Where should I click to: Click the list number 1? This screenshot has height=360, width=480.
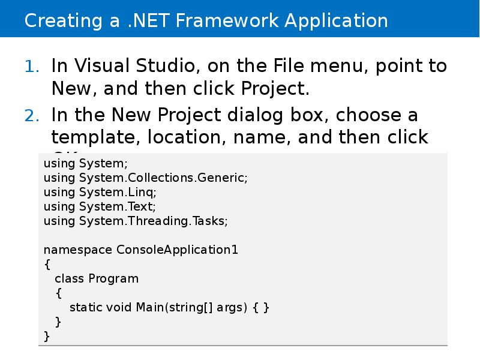pos(32,67)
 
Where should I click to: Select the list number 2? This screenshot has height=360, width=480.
pos(32,115)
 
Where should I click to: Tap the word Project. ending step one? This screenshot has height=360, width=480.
pos(275,89)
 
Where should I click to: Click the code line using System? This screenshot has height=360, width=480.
pos(86,163)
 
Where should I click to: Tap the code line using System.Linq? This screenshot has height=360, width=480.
pos(100,192)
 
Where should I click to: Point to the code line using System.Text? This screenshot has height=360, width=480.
pos(100,206)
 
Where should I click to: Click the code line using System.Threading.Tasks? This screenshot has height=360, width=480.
pos(136,221)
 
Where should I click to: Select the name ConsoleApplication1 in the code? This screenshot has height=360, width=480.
pos(177,250)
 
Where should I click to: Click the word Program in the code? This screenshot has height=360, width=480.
pos(113,278)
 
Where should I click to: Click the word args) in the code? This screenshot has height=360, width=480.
pos(230,308)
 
